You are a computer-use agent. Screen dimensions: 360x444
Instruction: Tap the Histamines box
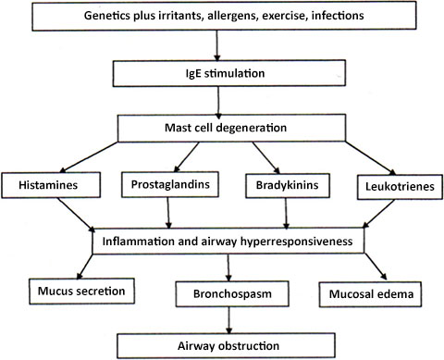(x=52, y=186)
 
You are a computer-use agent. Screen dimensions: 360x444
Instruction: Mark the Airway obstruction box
(x=223, y=346)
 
